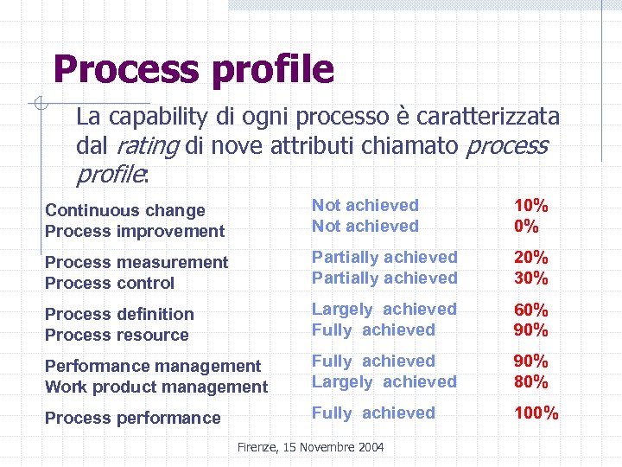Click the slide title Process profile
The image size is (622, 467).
pos(193,69)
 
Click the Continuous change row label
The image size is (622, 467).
pos(125,210)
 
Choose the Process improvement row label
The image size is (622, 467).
pos(134,231)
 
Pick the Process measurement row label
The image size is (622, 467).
pos(136,262)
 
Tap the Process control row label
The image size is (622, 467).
pos(110,283)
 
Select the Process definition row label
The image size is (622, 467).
pos(119,314)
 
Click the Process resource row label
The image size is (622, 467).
pos(117,335)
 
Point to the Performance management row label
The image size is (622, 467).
pos(153,366)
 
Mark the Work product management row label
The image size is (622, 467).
pos(156,387)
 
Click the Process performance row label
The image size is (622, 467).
pos(133,418)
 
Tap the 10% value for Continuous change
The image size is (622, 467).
pos(531,205)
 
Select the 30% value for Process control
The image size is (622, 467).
pos(531,278)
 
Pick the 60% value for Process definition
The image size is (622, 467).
pos(531,309)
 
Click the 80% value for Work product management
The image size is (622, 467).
pos(531,381)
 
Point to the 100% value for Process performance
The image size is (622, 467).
pos(536,413)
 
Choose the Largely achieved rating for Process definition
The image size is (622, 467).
pos(384,309)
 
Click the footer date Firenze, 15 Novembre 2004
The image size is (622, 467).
pos(310,447)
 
